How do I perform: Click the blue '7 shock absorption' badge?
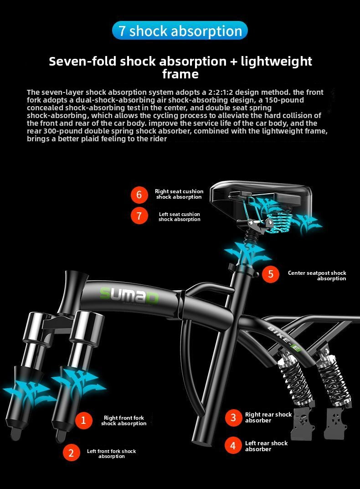pyautogui.click(x=180, y=31)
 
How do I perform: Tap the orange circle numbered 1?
pyautogui.click(x=83, y=420)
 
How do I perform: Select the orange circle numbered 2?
pyautogui.click(x=71, y=453)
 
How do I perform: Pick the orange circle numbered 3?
pyautogui.click(x=233, y=417)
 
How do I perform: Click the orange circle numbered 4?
pyautogui.click(x=233, y=446)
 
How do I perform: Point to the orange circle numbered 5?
pyautogui.click(x=271, y=274)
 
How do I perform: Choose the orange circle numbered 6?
pyautogui.click(x=139, y=195)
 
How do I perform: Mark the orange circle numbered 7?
pyautogui.click(x=139, y=216)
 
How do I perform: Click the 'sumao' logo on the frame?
pyautogui.click(x=129, y=295)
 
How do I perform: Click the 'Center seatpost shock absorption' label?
pyautogui.click(x=317, y=276)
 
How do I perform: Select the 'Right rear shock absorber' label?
pyautogui.click(x=268, y=417)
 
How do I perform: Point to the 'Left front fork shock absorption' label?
pyautogui.click(x=111, y=453)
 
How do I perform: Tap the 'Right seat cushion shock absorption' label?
pyautogui.click(x=179, y=194)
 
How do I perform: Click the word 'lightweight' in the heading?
pyautogui.click(x=276, y=61)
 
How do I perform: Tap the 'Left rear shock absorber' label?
pyautogui.click(x=266, y=446)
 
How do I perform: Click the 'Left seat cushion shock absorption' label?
pyautogui.click(x=180, y=217)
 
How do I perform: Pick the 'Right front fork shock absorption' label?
pyautogui.click(x=124, y=420)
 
